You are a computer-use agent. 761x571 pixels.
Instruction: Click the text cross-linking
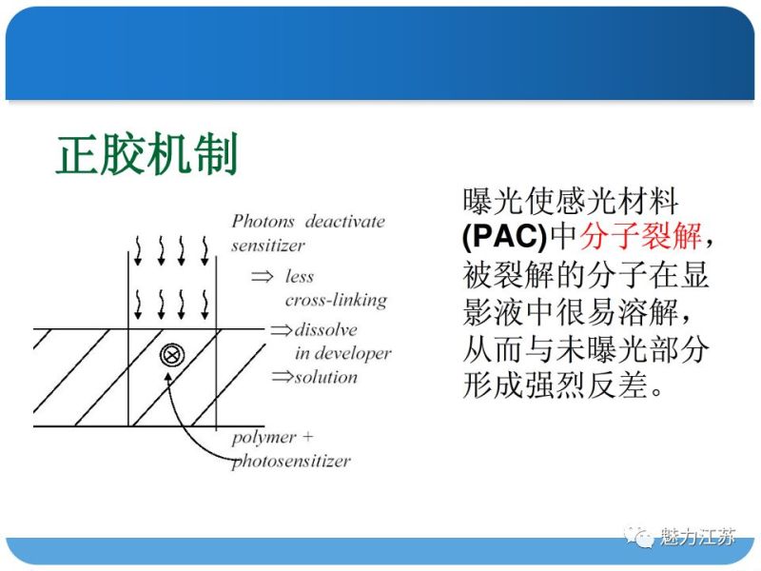pyautogui.click(x=336, y=300)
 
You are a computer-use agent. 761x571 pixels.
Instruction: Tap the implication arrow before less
pyautogui.click(x=262, y=277)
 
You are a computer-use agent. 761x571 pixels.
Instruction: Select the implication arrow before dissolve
pyautogui.click(x=282, y=330)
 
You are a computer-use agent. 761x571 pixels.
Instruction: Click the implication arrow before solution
pyautogui.click(x=282, y=377)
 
